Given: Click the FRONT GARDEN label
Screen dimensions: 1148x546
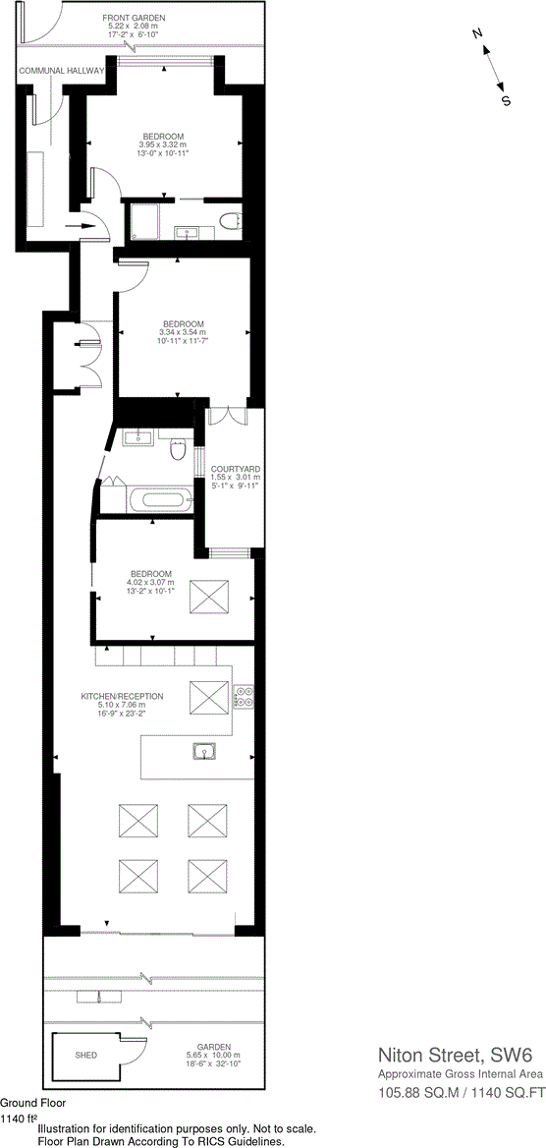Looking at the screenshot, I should [x=136, y=19].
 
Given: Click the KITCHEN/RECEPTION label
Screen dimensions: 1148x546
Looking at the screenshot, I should [x=122, y=696].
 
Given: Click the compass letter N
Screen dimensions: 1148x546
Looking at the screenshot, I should [x=477, y=34].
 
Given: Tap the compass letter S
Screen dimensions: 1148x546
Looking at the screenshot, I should [x=507, y=99].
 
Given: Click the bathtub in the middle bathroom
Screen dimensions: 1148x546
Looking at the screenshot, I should [x=163, y=499].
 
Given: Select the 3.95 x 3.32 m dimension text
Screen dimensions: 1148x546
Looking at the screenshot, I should [x=163, y=144].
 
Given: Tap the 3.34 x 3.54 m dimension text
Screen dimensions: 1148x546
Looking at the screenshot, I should [x=184, y=332].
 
